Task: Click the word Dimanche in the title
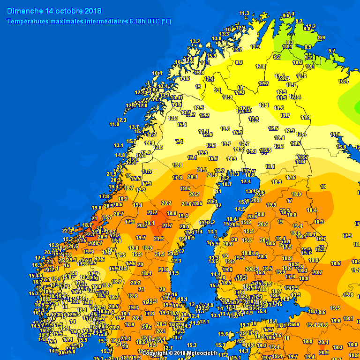tap(25, 11)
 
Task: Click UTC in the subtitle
tap(152, 21)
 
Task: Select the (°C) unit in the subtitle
tap(166, 21)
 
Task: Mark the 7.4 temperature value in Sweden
tap(179, 142)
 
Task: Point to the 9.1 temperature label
tap(217, 90)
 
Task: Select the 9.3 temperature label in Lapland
tap(277, 57)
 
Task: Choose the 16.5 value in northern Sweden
tap(213, 159)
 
